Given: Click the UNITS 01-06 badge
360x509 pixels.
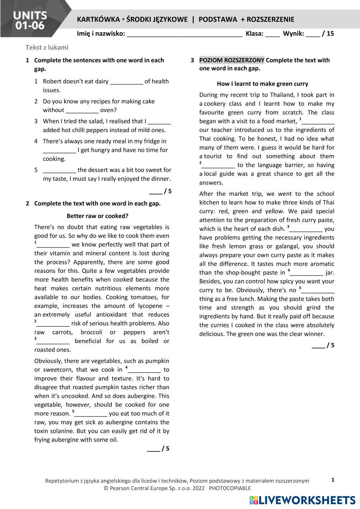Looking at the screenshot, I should point(30,20).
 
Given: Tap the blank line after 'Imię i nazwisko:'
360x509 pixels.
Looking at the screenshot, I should point(184,34).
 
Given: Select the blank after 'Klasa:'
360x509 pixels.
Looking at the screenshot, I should point(273,34).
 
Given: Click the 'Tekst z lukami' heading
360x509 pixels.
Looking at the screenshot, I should point(47,47).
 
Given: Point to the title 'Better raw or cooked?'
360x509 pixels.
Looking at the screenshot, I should point(97,216).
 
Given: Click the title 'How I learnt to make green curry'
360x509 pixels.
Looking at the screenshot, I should point(262,84).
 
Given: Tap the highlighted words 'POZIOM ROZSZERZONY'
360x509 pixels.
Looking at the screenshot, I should point(232,60).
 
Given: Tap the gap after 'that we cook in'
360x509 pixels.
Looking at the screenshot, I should point(144,370).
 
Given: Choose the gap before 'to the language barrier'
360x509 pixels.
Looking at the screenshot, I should point(218,166).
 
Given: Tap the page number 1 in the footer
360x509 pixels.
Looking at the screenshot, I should point(333,480).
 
